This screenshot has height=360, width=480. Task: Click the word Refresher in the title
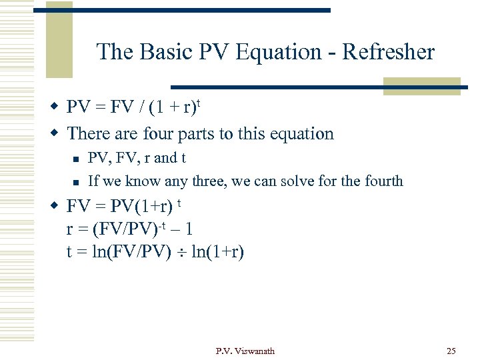tap(389, 52)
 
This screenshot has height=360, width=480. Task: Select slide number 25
tap(451, 351)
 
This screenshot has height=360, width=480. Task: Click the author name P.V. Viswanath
tap(245, 351)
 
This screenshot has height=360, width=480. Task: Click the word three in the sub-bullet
tap(208, 181)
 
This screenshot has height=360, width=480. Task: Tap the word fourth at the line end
tap(383, 181)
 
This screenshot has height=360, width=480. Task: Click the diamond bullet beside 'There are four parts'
tap(56, 133)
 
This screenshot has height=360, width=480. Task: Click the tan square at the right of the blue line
tap(421, 85)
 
